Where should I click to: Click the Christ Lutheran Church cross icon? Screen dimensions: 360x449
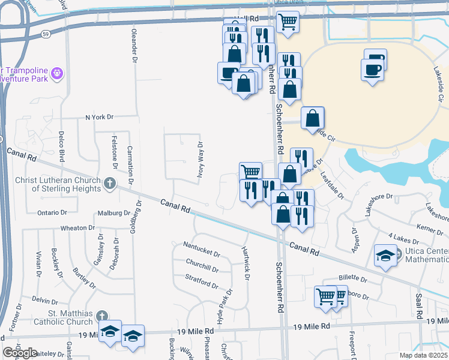109,182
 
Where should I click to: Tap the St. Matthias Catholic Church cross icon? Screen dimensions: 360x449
102,315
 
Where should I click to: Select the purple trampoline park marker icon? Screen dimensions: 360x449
58,73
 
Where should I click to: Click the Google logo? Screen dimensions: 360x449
20,353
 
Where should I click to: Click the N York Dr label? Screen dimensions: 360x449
99,117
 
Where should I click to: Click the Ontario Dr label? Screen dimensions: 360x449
52,212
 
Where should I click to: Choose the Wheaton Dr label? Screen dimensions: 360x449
77,228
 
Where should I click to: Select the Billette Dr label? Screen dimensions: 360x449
353,278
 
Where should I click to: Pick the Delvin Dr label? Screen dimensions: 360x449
44,299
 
